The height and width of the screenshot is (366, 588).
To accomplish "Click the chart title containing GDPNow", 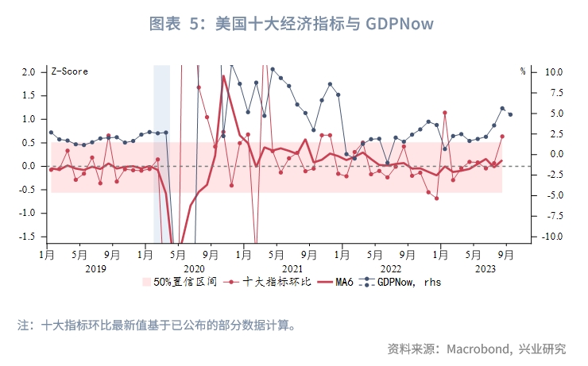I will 292,24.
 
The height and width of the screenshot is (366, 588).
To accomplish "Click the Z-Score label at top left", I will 69,71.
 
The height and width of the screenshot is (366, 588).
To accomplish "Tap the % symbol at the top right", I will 523,71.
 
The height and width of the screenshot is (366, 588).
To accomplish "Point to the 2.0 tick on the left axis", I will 28,71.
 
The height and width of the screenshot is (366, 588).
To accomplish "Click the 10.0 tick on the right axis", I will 552,71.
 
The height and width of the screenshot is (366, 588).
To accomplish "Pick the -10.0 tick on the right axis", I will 551,237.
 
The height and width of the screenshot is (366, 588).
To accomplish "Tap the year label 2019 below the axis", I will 95,269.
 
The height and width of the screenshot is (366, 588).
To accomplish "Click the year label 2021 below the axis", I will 292,269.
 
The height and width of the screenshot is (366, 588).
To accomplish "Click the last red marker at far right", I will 502,137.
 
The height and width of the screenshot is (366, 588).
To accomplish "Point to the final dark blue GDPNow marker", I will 510,114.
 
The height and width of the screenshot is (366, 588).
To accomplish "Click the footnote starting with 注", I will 157,325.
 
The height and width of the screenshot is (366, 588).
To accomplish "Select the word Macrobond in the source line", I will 478,349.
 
